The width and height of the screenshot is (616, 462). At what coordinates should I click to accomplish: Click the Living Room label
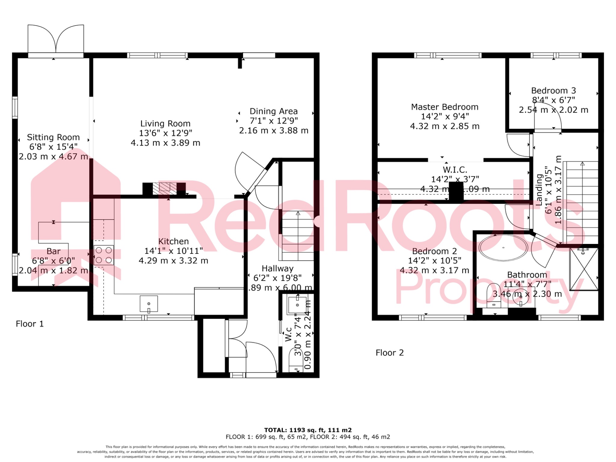[x=165, y=124]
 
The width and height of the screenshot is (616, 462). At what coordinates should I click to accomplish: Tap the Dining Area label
[x=273, y=111]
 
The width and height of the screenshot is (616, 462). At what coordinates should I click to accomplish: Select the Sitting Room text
[x=53, y=137]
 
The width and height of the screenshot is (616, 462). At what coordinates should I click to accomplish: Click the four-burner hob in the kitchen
[x=103, y=255]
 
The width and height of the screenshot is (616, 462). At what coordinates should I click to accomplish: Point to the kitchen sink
[x=149, y=304]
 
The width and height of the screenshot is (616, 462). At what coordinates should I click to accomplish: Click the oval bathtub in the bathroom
[x=503, y=248]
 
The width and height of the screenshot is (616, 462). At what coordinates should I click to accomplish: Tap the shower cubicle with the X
[x=584, y=269]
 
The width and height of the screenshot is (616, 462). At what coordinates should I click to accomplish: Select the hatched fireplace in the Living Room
[x=165, y=188]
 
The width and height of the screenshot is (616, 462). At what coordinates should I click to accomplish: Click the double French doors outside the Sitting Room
[x=56, y=39]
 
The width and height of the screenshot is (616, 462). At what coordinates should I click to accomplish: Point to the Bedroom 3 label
[x=553, y=91]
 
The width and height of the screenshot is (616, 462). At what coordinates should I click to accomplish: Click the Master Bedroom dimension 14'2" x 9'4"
[x=445, y=116]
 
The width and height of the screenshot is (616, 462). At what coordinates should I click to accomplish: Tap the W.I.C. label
[x=455, y=170]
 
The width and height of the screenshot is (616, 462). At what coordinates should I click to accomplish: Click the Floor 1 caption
[x=30, y=324]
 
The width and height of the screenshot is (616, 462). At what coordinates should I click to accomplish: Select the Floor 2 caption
[x=390, y=353]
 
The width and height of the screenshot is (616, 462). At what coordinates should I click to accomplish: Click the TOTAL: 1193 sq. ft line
[x=308, y=430]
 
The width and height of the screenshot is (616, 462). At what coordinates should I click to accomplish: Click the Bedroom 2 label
[x=434, y=251]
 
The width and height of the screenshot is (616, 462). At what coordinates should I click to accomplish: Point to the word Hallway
[x=277, y=269]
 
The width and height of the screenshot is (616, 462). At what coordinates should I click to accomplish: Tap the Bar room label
[x=54, y=251]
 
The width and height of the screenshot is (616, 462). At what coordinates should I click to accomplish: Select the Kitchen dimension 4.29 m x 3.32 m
[x=173, y=261]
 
